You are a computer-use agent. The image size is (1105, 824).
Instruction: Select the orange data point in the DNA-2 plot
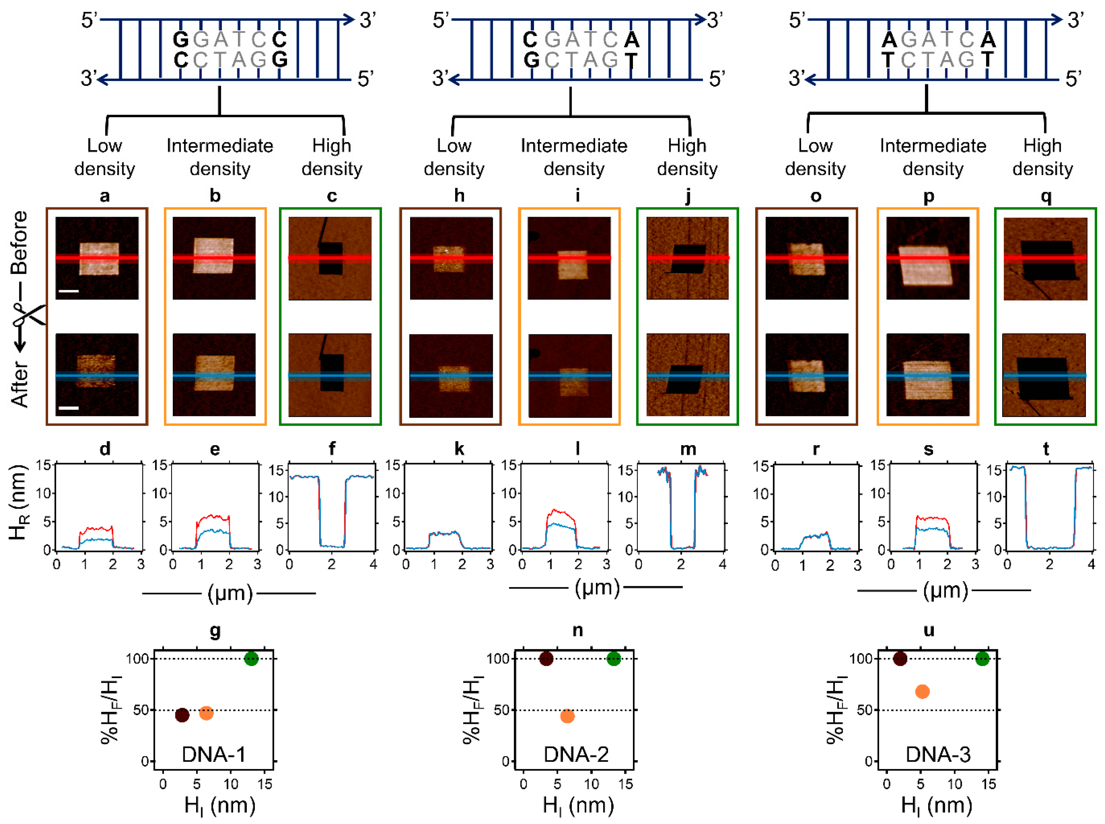(567, 716)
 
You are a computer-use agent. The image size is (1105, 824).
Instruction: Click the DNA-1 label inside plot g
(213, 754)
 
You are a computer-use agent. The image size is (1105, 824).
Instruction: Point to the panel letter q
(1046, 196)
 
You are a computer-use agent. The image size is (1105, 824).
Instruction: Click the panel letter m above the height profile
(688, 449)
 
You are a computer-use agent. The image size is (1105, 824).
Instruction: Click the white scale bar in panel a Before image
(69, 290)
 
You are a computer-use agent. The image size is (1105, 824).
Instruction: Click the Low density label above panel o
(815, 157)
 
